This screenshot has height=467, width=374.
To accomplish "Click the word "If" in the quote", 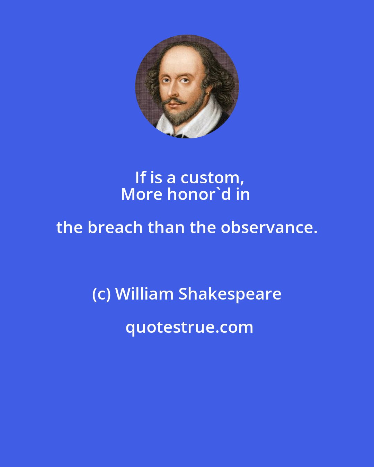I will point(140,178).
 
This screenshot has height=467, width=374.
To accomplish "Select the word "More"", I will point(142,194).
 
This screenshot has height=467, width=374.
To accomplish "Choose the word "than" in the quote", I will point(162,228).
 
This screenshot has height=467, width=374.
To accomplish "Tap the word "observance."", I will point(269,228).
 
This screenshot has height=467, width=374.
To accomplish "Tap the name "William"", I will point(144,294).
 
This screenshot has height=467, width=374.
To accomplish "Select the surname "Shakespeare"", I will point(230,294).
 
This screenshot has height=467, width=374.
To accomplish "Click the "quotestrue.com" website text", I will point(189,327).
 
